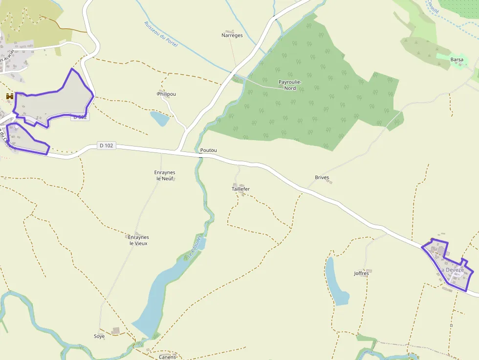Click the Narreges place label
click(x=232, y=35)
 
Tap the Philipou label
click(x=167, y=94)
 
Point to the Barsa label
click(x=457, y=60)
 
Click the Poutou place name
click(x=208, y=150)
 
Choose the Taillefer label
click(x=240, y=189)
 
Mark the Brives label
click(x=322, y=177)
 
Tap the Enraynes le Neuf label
click(x=165, y=175)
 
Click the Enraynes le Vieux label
click(x=138, y=240)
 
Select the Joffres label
click(x=361, y=273)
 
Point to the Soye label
click(x=99, y=336)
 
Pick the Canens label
click(x=167, y=357)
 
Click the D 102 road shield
click(x=106, y=145)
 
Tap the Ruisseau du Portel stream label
click(x=161, y=34)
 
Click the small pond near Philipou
click(x=159, y=118)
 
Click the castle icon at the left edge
click(x=9, y=97)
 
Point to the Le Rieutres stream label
click(x=194, y=247)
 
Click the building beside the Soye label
click(x=115, y=331)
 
